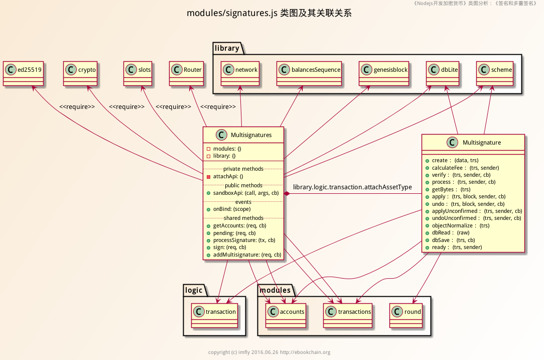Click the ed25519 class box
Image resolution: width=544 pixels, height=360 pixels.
[x=23, y=73]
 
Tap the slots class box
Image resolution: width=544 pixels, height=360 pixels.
[x=138, y=73]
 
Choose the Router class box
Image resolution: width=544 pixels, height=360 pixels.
[x=186, y=73]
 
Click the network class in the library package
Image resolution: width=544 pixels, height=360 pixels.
[x=241, y=74]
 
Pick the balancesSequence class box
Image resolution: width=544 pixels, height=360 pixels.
[x=309, y=74]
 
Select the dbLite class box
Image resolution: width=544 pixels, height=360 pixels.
[x=444, y=74]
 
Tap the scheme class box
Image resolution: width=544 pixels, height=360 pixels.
[x=495, y=74]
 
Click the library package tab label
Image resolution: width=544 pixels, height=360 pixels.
[x=227, y=48]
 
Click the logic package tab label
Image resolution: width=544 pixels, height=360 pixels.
[x=194, y=290]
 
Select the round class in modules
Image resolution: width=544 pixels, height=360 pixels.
[x=406, y=315]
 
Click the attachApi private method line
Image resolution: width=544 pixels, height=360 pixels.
[x=225, y=176]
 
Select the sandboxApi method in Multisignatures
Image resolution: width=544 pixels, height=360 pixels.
[x=243, y=193]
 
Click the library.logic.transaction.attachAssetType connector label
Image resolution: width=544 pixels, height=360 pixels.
[x=352, y=187]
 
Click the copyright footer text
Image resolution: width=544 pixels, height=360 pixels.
[x=269, y=352]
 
